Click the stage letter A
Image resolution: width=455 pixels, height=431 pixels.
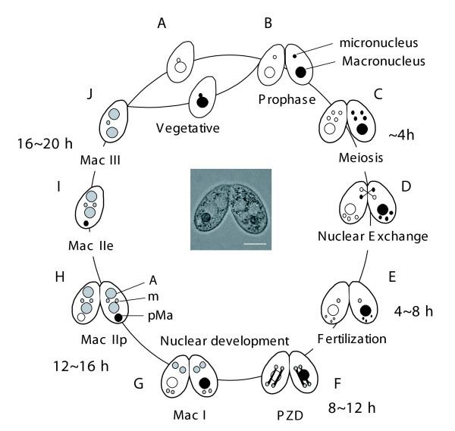click(x=161, y=23)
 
